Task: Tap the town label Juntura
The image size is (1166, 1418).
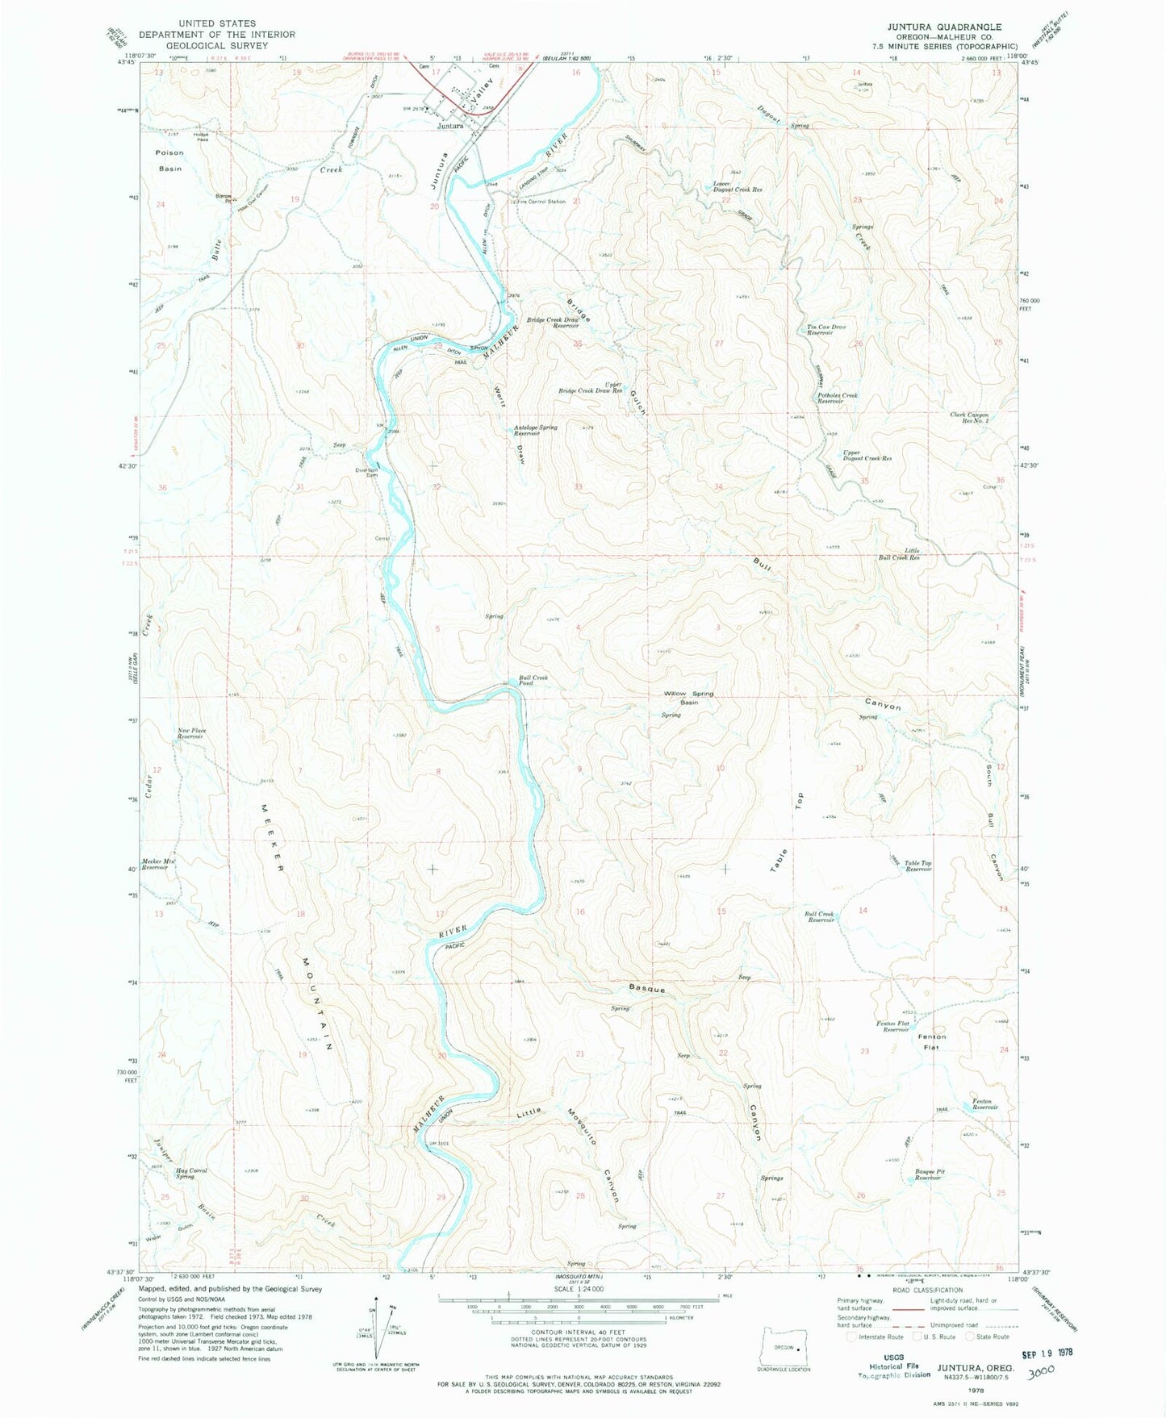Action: tap(450, 126)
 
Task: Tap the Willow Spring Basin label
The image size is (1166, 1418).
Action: tap(688, 698)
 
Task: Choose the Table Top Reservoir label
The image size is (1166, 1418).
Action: tap(917, 866)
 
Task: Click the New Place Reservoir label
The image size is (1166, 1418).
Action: tap(192, 733)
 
